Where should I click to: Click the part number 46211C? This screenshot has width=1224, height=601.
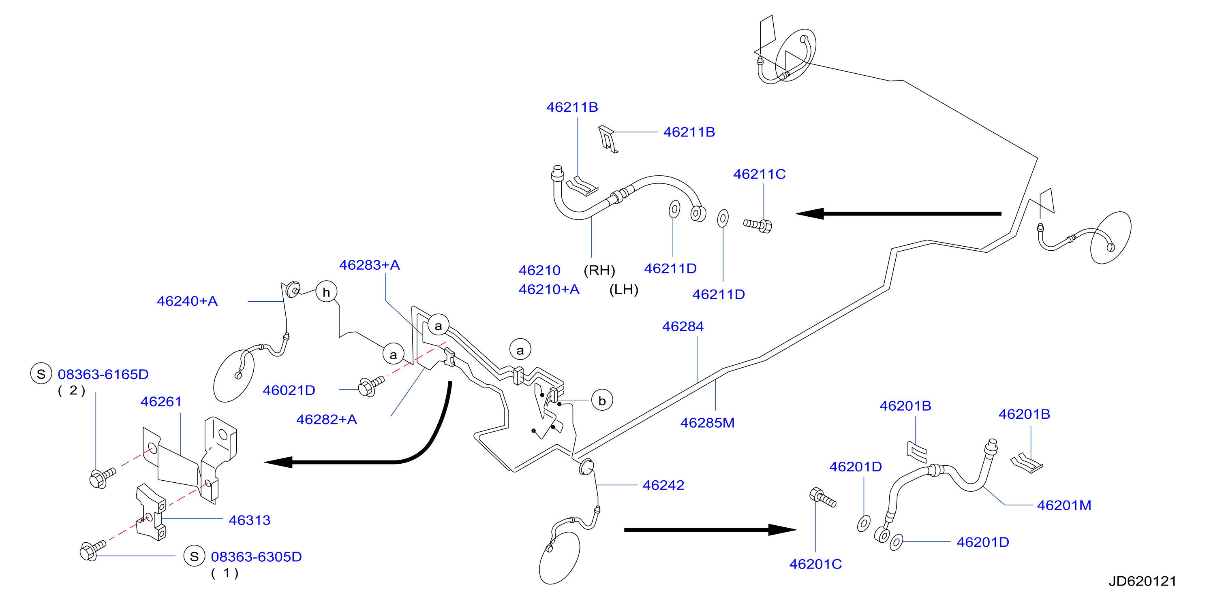point(759,174)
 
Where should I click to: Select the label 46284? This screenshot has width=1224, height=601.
point(683,326)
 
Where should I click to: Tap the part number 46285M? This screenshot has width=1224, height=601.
point(708,423)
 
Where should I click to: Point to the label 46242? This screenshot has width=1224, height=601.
point(663,485)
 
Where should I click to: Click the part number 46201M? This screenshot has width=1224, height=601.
point(1064,505)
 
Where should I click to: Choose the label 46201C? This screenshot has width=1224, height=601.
point(815,565)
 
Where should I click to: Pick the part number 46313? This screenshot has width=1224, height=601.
point(249,520)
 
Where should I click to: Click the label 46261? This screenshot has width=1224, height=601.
point(161,402)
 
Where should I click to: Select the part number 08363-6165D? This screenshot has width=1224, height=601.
point(103,375)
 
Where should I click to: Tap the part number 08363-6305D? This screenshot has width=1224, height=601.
point(256,557)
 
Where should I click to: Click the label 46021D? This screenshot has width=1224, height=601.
point(289,390)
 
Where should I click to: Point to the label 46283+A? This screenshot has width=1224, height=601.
point(369,265)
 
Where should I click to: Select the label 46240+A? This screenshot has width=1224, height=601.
point(187,301)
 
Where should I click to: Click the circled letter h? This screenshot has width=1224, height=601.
point(326,292)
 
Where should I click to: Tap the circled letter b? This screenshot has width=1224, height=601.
point(602,401)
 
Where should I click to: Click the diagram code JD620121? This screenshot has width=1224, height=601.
point(1142,582)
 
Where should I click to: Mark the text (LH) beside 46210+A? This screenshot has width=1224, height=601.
point(624,290)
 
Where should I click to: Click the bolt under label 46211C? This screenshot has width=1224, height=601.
point(758,225)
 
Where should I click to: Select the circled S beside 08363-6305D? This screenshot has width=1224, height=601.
point(194,556)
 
